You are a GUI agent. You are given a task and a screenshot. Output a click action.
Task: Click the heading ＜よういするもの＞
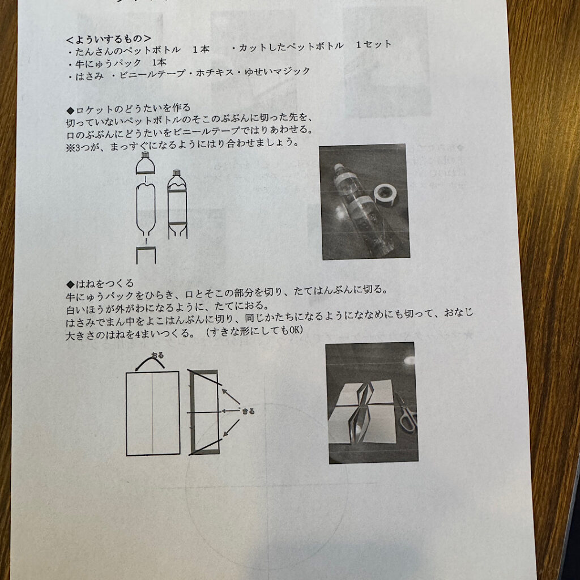pos(109,39)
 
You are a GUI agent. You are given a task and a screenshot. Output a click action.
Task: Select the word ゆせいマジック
pos(277,71)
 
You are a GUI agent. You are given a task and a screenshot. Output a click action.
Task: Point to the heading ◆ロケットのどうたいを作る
pos(129,109)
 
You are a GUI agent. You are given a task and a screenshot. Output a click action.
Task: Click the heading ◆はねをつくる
pos(100,284)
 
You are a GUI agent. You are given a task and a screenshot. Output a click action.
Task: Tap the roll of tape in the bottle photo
pos(385,194)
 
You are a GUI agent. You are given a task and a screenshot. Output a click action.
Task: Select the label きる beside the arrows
pos(248,411)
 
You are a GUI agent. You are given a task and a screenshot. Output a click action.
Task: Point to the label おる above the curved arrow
pos(157,355)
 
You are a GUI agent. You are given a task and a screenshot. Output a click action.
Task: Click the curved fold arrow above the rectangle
pos(150,361)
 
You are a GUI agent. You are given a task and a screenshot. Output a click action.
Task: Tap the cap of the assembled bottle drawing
pos(177,172)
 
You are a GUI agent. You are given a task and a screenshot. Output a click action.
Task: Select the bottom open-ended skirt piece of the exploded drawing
pos(146,255)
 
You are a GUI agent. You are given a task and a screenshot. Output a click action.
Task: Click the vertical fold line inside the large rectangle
pos(152,413)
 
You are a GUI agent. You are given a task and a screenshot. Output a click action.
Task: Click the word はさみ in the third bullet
pos(89,76)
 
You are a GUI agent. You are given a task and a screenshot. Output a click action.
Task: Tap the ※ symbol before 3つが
pos(70,148)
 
